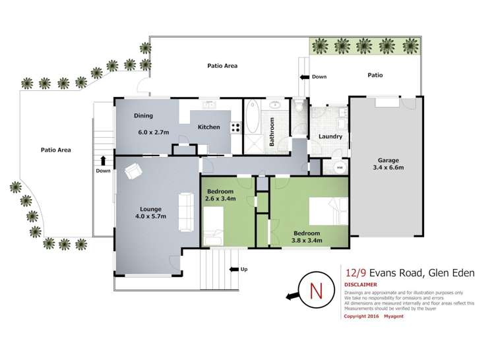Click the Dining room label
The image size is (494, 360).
tap(143, 116)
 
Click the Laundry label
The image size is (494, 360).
tap(330, 137)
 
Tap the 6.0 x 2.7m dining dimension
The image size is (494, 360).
tap(153, 133)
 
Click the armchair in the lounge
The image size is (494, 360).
tap(133, 171)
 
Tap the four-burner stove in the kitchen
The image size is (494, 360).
tap(234, 127)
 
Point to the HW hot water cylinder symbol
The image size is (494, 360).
tap(340, 167)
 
